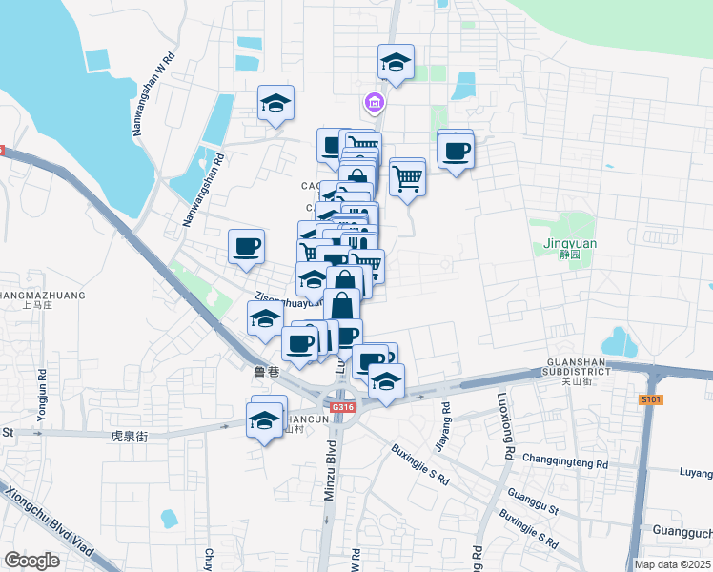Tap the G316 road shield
coord(343,407)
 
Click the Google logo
coord(31,561)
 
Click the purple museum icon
coord(373,102)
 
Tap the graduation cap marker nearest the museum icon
coord(395,64)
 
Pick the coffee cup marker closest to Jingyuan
coord(456,151)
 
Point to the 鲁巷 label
coord(266,371)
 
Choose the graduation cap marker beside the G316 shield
coord(386,382)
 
